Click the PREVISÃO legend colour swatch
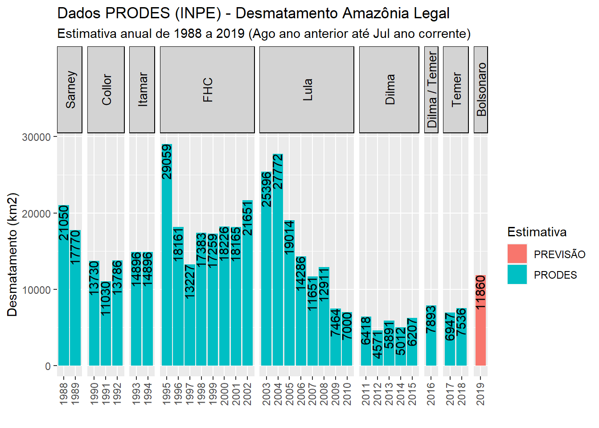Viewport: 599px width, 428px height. point(517,254)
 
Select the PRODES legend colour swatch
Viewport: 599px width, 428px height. point(517,275)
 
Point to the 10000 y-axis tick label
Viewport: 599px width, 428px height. point(37,290)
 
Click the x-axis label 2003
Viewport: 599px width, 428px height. point(266,394)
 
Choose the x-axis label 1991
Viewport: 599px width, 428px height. point(106,394)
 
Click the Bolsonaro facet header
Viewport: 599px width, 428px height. point(480,90)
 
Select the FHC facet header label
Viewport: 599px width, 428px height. point(207,90)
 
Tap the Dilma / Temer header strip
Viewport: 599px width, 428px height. point(431,90)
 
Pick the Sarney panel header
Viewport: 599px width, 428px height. point(70,90)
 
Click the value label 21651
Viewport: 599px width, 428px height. point(247,218)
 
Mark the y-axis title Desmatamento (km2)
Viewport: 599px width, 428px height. point(12,255)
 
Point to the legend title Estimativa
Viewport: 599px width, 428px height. point(537,232)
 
